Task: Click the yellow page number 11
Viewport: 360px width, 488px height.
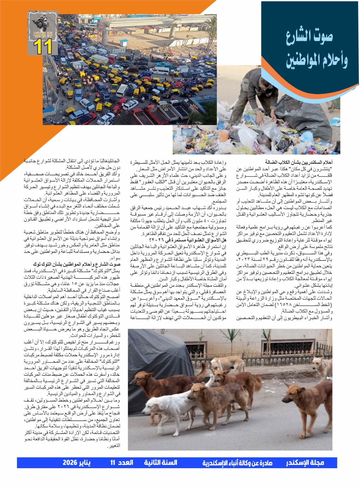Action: pos(43,47)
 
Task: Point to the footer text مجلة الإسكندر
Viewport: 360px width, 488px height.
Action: pos(305,463)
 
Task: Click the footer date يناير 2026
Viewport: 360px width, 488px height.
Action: pos(77,463)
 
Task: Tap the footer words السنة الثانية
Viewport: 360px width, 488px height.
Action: pos(160,463)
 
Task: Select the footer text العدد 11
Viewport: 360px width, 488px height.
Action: pos(122,463)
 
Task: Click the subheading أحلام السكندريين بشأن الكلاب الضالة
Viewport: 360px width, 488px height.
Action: pos(299,162)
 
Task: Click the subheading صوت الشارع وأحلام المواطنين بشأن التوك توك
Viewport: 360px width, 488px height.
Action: pos(76,264)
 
